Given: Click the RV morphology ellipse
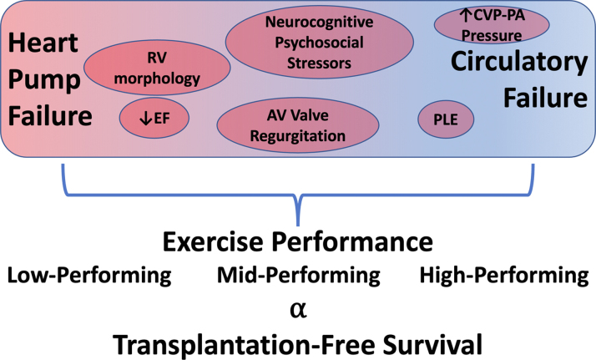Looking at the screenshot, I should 146,68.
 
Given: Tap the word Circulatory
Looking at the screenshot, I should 519,62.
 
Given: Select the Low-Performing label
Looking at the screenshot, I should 89,275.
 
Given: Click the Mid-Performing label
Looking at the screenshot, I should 298,275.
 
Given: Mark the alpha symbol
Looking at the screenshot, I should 298,308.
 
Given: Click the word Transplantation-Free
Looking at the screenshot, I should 235,342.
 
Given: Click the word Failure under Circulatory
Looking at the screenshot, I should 543,98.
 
